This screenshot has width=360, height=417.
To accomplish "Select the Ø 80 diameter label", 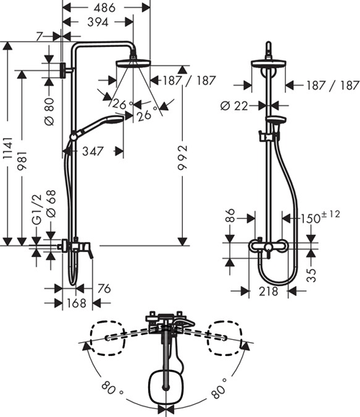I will coord(50,107).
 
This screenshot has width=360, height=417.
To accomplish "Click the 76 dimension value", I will coord(105,290).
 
